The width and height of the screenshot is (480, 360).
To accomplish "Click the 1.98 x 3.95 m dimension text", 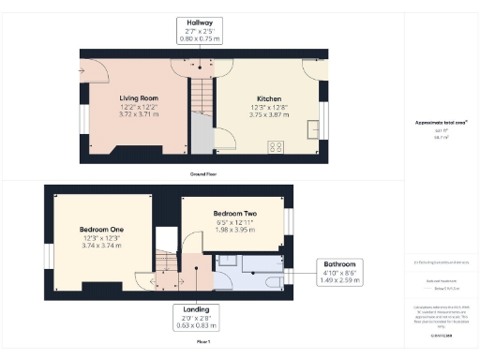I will (x=234, y=229).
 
